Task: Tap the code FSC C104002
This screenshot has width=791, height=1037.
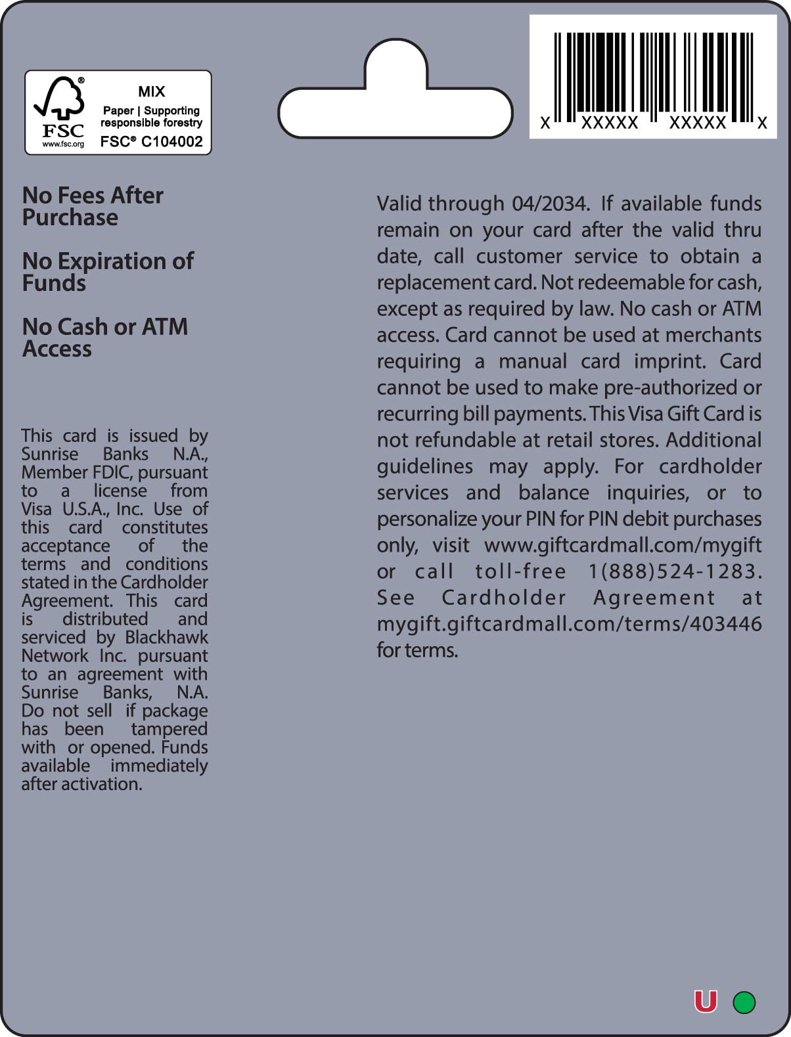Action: tap(152, 141)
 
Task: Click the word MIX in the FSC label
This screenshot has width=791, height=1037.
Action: tap(152, 92)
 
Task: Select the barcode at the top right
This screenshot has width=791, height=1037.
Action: tap(652, 77)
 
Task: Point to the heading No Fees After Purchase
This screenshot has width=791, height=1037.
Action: tap(93, 206)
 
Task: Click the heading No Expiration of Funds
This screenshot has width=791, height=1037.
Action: tap(108, 272)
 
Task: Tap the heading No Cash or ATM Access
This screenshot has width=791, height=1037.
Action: tap(105, 338)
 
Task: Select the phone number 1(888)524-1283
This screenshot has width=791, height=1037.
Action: tap(674, 571)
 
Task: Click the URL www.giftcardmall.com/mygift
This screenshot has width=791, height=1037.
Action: tap(623, 545)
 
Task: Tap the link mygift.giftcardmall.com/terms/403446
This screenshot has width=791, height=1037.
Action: tap(569, 624)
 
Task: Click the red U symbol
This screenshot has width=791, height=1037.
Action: tap(706, 1002)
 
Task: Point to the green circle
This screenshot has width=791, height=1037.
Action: tap(744, 1002)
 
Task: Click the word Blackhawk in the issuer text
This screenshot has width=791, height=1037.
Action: tap(166, 638)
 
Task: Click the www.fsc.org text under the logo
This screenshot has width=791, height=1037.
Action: tap(63, 144)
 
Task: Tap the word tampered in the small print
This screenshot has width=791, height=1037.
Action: tap(169, 729)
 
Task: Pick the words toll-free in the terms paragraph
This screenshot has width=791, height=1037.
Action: tap(520, 571)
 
